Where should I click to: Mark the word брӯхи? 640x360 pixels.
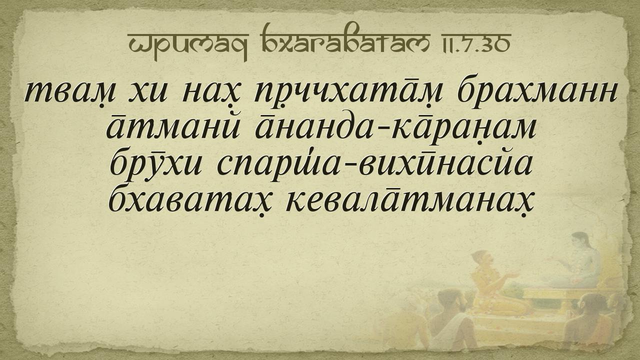[x=155, y=165]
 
